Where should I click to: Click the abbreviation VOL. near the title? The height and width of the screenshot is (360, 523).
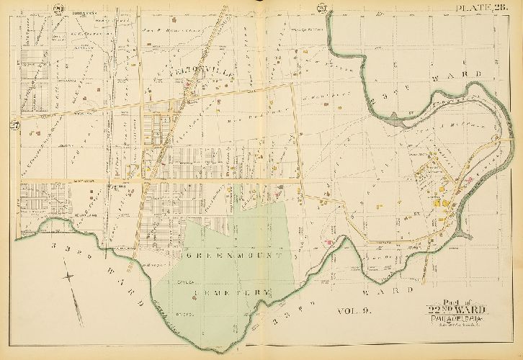347,310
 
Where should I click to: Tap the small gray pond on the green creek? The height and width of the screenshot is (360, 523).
396,123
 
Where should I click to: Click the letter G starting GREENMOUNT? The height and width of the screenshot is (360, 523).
186,255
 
